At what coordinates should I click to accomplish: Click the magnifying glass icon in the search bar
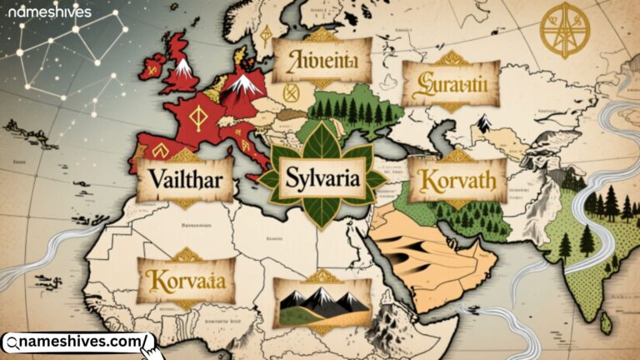click(x=12, y=342)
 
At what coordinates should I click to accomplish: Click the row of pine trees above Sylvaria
click(x=354, y=111)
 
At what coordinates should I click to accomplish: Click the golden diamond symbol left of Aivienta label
click(x=267, y=35)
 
